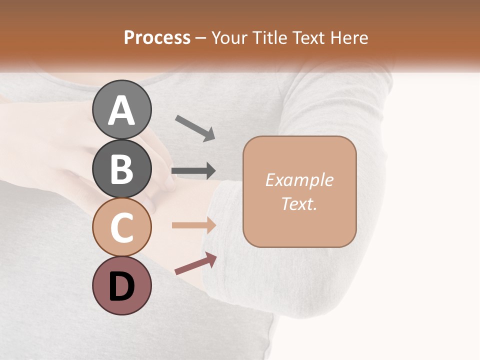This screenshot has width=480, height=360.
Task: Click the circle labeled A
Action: coord(122,109)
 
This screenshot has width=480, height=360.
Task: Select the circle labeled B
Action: coord(122,168)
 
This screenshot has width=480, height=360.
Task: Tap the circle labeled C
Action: coord(122,227)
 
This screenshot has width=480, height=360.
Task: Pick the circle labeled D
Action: coord(122,285)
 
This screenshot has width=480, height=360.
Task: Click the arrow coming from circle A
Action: coord(195,128)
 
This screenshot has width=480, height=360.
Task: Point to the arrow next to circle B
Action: coord(193,171)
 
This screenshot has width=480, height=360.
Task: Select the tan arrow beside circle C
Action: coord(194,225)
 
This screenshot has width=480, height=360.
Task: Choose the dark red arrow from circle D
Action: coord(195,263)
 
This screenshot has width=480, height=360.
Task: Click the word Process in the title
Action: coord(157,38)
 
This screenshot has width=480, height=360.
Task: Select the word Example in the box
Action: coord(299,180)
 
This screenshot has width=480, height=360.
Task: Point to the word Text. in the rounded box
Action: coord(299,203)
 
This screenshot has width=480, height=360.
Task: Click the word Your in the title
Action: coord(229,38)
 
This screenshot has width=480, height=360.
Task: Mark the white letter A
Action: coord(122,110)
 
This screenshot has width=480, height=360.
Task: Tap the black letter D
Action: coord(122,286)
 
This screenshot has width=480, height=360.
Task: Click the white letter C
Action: coord(122,228)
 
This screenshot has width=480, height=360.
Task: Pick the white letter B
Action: coord(122,169)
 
